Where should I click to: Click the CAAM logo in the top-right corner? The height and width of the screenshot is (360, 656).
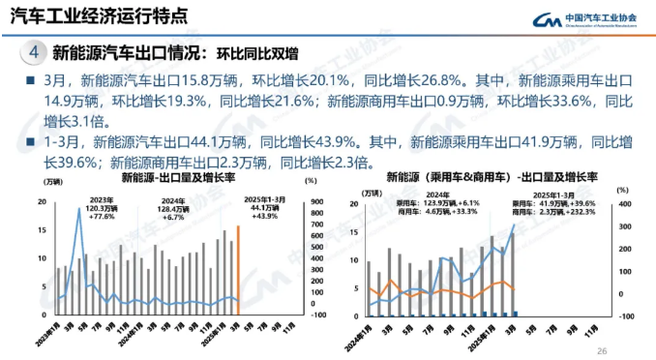click(x=591, y=19)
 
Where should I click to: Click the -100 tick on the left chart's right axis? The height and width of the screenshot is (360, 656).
click(x=313, y=314)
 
